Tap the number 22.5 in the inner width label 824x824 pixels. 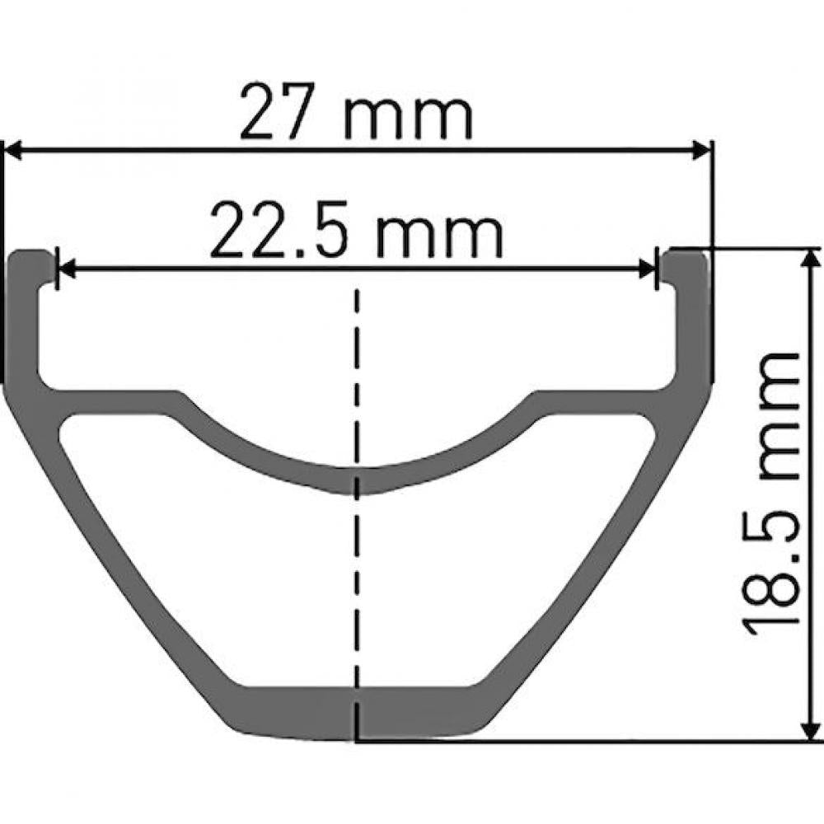pyautogui.click(x=279, y=230)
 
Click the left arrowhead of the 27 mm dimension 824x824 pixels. pyautogui.click(x=13, y=151)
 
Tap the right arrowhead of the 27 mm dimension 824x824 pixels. pyautogui.click(x=701, y=151)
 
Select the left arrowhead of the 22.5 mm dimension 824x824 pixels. pyautogui.click(x=66, y=269)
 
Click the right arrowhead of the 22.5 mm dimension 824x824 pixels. pyautogui.click(x=647, y=269)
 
